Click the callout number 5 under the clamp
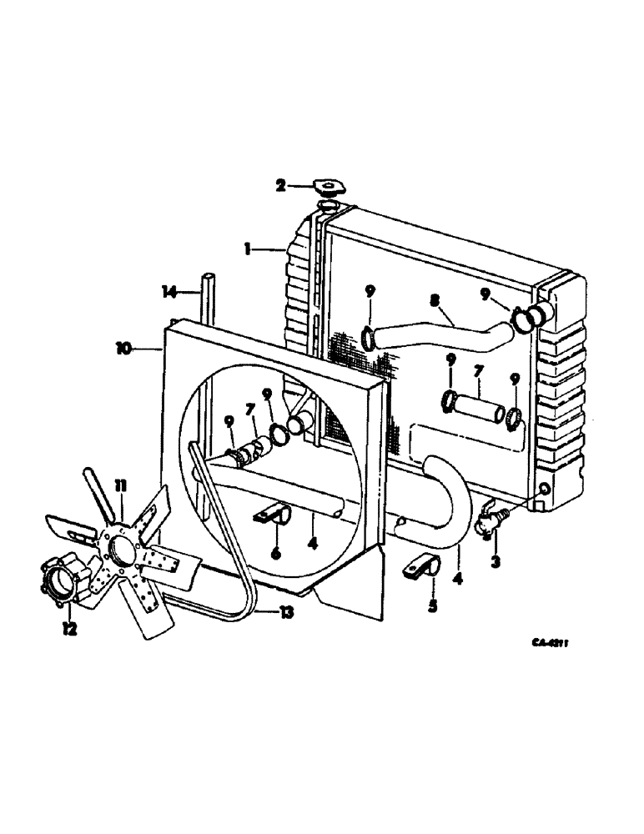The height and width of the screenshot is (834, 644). (432, 606)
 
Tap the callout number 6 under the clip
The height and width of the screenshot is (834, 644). (276, 553)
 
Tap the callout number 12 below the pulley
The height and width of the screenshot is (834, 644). (69, 631)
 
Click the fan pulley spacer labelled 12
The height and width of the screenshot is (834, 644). (60, 582)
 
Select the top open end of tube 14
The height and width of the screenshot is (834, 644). (207, 276)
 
